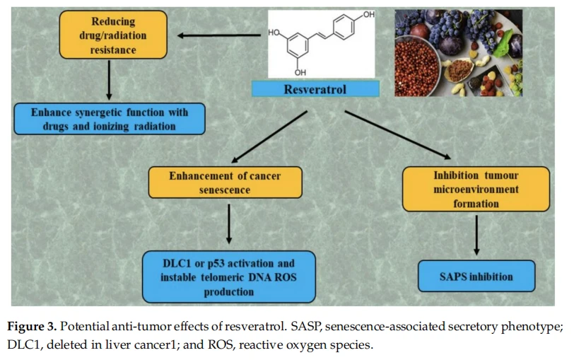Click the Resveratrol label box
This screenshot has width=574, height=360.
point(315,89)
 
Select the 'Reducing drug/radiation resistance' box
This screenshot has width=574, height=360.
point(113,35)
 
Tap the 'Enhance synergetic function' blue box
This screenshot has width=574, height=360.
point(110,119)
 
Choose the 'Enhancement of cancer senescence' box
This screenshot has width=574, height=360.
point(225,182)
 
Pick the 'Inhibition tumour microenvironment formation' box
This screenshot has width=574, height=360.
point(476,189)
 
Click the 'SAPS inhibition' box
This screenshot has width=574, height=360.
point(476,276)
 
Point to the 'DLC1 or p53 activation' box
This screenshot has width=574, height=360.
point(229,277)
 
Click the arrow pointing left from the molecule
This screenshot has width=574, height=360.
point(219,35)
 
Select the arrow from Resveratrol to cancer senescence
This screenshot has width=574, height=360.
point(269,137)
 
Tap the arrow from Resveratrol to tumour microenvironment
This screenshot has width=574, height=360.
point(398,135)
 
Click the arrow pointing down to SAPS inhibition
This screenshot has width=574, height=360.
point(476,235)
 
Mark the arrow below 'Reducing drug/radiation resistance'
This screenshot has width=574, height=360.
point(109,80)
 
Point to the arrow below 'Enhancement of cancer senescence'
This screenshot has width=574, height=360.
point(229,223)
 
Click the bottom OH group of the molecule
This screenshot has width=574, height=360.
point(300,72)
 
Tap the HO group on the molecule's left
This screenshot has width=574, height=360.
point(274,33)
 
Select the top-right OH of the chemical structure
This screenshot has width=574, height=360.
point(368,15)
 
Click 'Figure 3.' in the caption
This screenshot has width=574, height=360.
point(32,326)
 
